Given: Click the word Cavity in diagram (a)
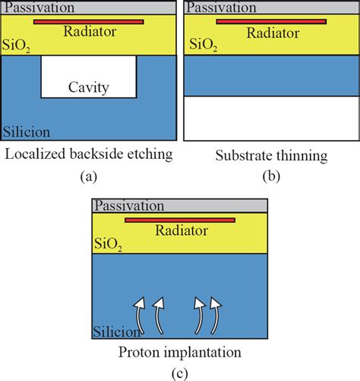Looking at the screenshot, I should pos(88,87).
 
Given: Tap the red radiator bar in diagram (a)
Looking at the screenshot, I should pos(88,21).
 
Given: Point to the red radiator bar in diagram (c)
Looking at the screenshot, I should pos(179,221).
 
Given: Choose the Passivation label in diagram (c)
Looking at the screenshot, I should pos(128,206).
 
